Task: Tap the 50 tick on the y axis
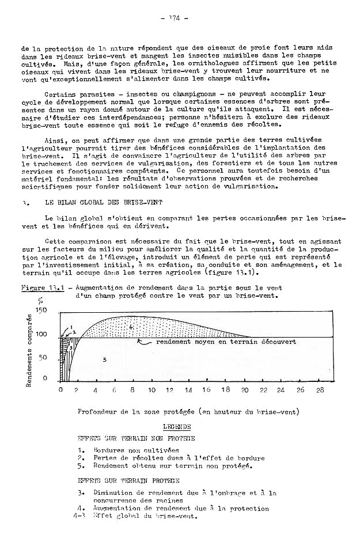click(43, 358)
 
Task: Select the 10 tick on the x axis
click(151, 390)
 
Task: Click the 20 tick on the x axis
click(245, 390)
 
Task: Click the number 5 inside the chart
click(104, 359)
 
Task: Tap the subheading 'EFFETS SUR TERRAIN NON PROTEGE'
click(128, 437)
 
